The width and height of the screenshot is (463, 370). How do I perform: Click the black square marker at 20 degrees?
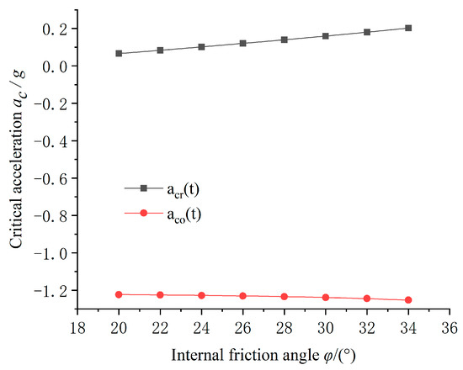(x=119, y=53)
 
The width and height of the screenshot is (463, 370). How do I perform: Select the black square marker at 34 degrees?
(x=408, y=28)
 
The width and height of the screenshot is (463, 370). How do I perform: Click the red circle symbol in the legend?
(x=143, y=213)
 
